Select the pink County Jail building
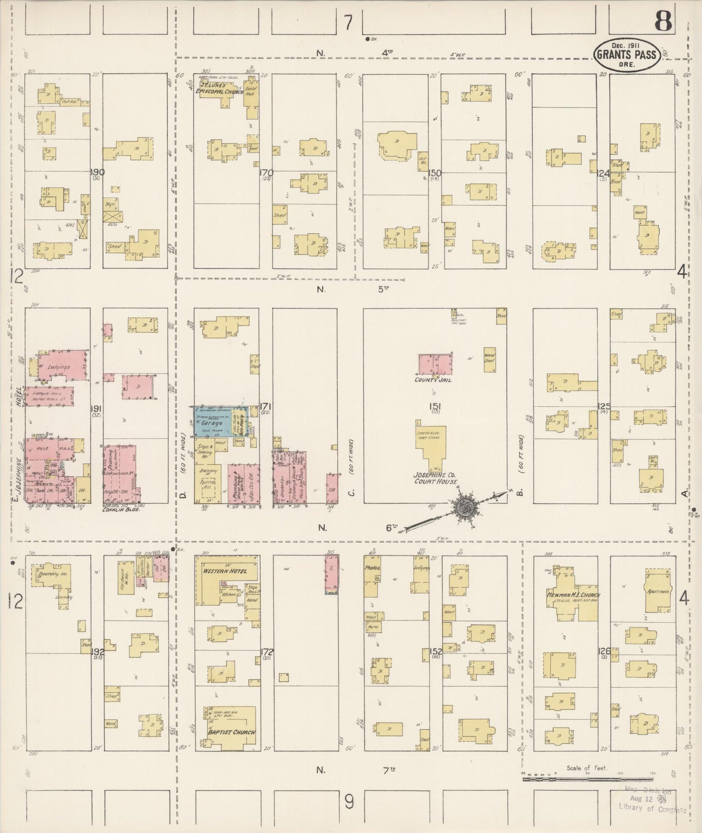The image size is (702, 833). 435,364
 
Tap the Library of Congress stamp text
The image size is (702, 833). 652,808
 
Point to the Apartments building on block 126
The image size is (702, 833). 658,591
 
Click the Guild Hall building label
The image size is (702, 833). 252,90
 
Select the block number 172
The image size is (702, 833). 267,652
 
